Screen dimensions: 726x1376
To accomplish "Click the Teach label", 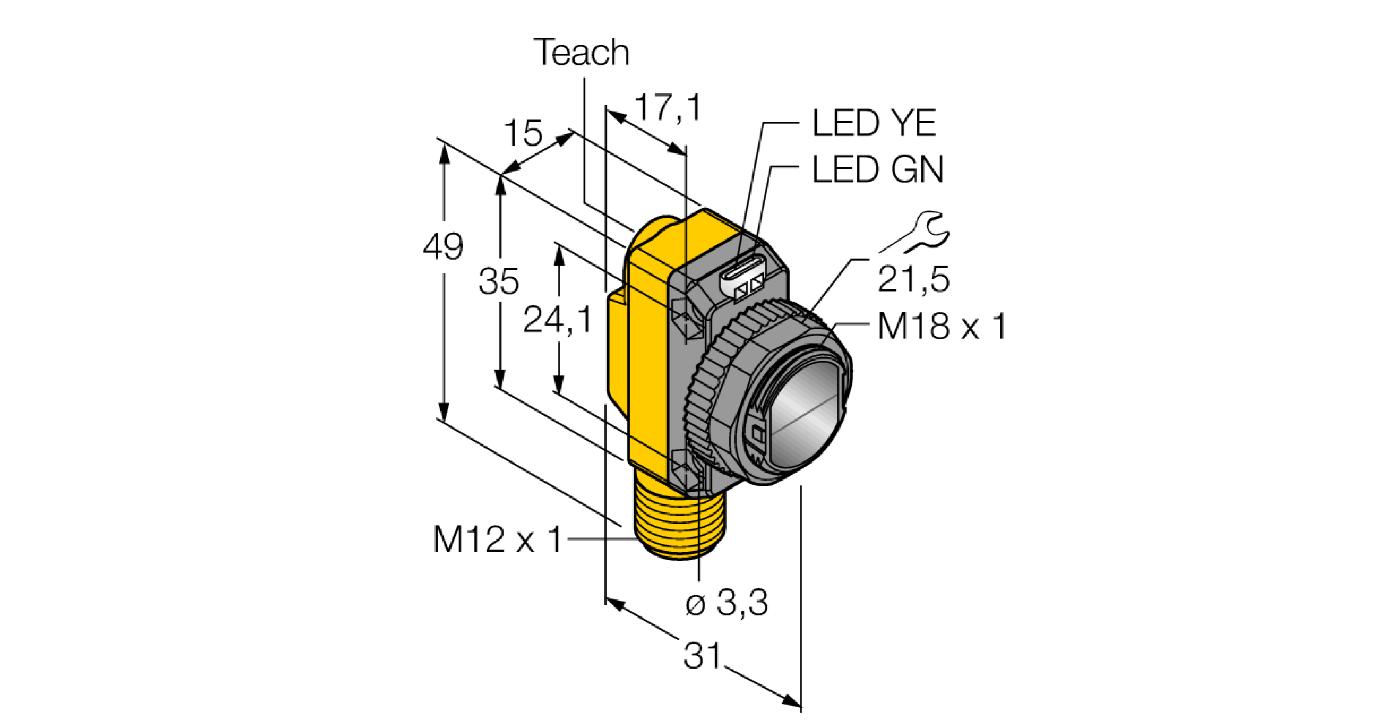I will (582, 53).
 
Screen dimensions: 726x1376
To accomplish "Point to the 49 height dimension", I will (443, 247).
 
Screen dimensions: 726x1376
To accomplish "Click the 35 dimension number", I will (498, 282).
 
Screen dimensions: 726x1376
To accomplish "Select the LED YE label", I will (874, 124).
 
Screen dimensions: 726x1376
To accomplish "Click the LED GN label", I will (878, 170).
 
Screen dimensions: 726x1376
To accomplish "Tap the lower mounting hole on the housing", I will (689, 467).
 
